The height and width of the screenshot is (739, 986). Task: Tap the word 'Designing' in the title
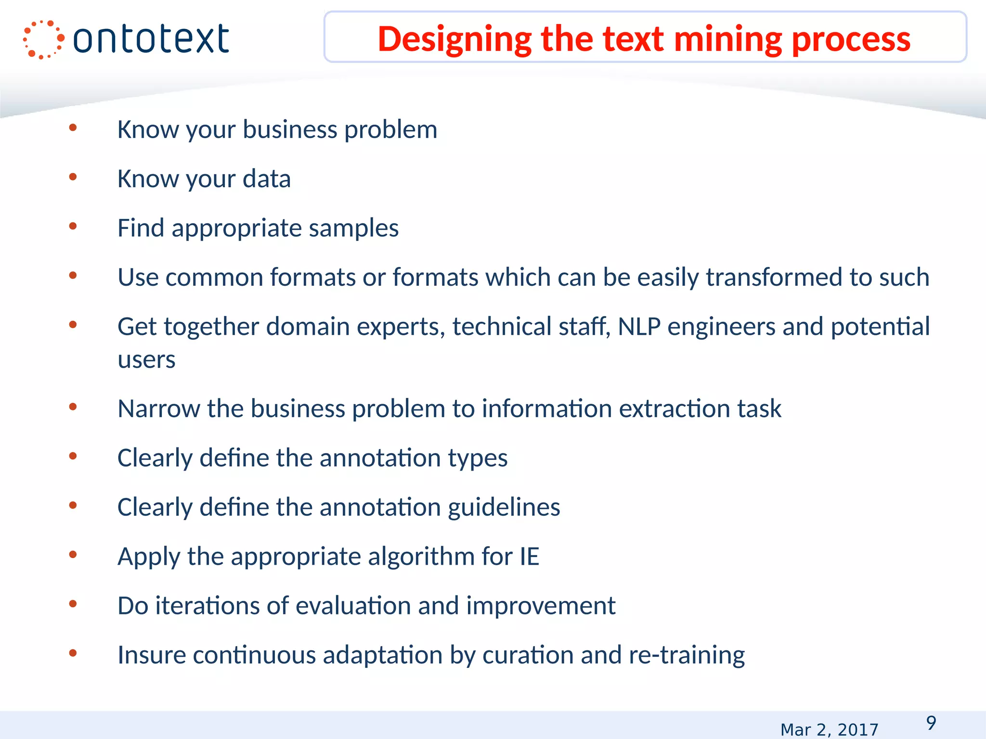pos(455,39)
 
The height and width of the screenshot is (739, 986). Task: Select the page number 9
pos(931,723)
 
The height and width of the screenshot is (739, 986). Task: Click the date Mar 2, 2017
pos(829,730)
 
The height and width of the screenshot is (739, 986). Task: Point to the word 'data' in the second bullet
pos(267,179)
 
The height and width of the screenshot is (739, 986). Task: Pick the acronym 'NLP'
pos(639,327)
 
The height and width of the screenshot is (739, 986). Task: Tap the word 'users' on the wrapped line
pos(146,360)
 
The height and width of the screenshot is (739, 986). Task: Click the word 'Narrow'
pos(159,409)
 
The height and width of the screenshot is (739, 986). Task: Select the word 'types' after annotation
pos(478,458)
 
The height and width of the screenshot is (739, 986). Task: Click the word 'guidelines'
pos(504,508)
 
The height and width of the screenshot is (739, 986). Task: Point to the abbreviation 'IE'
pos(529,557)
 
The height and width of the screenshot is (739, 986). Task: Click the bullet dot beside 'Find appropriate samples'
pos(73,226)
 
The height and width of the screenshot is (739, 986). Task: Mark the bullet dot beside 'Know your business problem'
pos(73,127)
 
